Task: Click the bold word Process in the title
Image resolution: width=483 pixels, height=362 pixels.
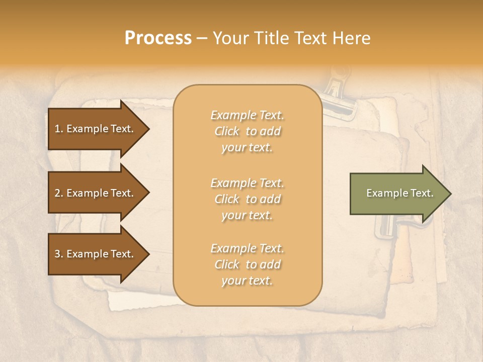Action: [158, 38]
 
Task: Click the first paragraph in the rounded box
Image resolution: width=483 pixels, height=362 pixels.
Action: [247, 131]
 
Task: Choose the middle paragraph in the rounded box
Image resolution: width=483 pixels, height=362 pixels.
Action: [247, 199]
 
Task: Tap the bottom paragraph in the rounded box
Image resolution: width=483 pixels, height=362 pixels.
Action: [247, 264]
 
